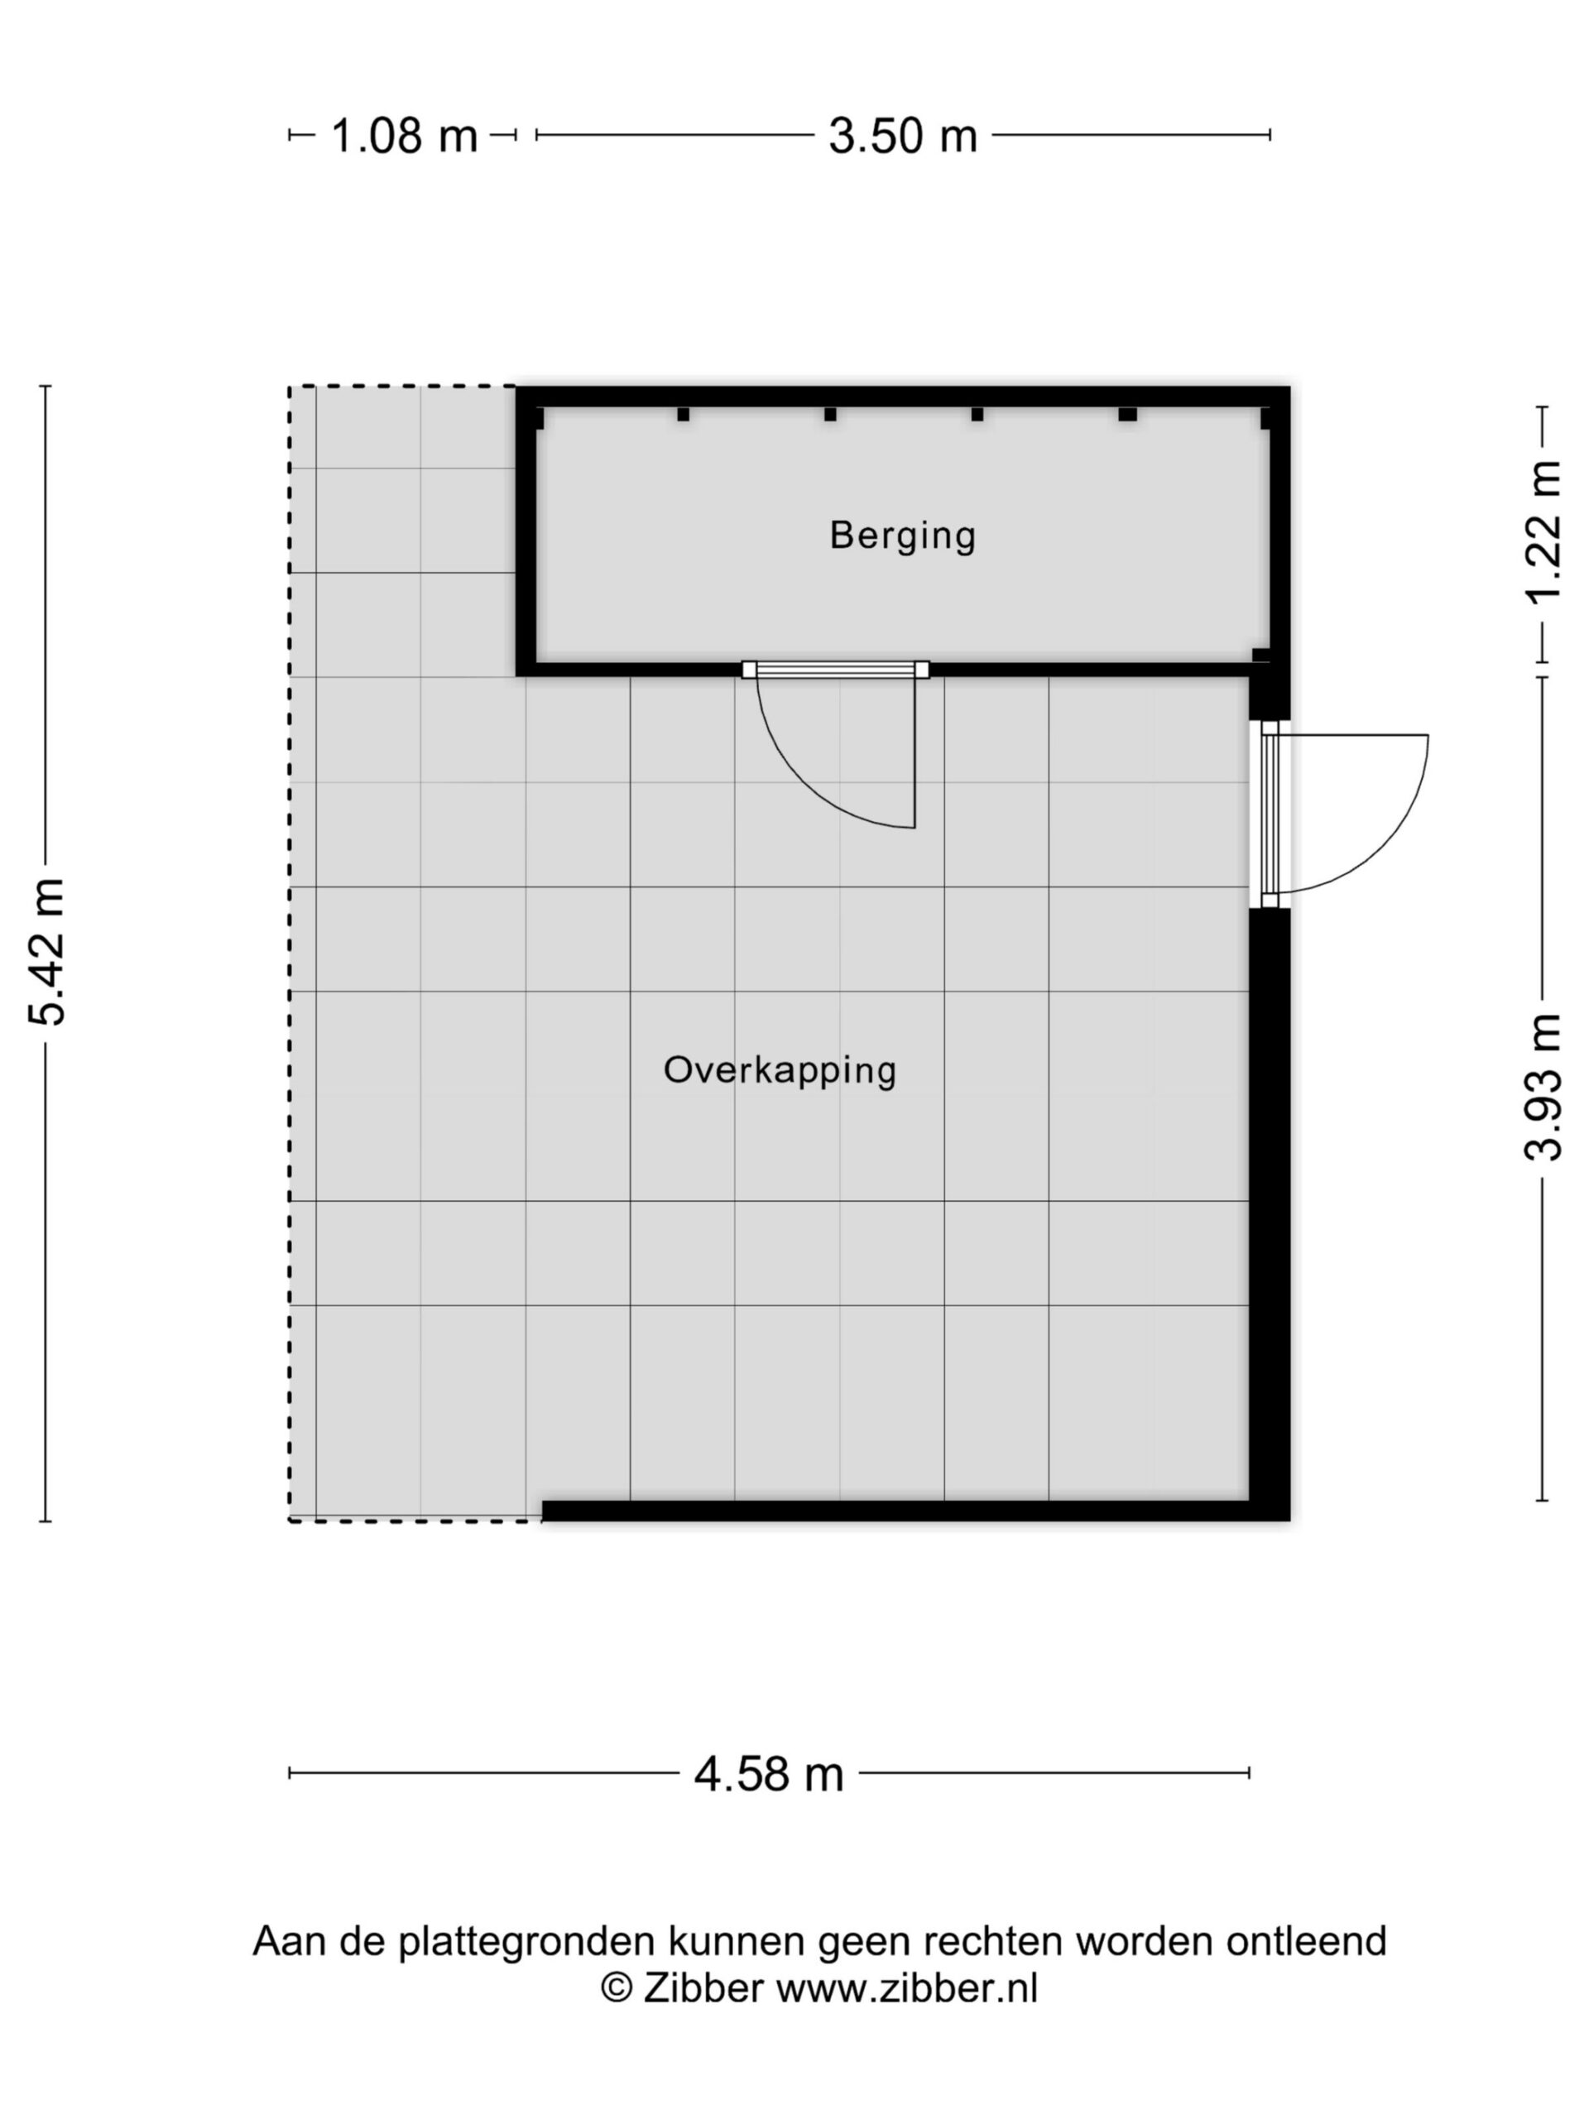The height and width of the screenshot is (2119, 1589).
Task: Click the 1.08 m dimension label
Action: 403,135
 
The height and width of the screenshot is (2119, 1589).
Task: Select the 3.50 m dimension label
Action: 902,135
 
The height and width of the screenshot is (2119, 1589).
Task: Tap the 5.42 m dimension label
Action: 46,952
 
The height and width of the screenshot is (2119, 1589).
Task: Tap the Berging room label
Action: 902,536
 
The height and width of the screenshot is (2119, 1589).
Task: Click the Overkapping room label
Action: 780,1070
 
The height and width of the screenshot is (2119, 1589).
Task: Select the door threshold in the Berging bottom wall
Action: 835,670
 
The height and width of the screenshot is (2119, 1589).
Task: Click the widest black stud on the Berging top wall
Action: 1127,415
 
